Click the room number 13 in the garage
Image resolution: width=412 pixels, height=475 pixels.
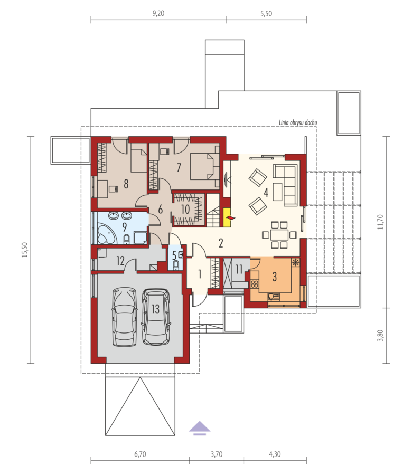tap(155, 309)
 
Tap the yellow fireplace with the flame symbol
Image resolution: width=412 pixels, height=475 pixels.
tap(227, 217)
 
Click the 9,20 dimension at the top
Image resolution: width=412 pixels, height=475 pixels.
tap(158, 13)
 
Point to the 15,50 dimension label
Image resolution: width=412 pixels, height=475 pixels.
tap(25, 250)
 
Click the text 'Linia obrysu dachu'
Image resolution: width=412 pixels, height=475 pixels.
tap(298, 122)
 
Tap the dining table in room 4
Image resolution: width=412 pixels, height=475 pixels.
tap(279, 234)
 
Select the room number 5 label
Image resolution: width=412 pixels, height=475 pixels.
tap(174, 255)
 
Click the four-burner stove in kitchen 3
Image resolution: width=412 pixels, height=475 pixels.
tap(255, 284)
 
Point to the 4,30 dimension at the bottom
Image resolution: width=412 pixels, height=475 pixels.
tap(275, 454)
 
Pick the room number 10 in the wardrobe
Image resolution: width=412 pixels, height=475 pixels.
tap(185, 209)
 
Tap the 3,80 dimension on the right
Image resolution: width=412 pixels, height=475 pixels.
tap(380, 335)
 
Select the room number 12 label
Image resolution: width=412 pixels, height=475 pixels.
tap(120, 260)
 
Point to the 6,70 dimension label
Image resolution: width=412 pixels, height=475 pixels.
tap(140, 454)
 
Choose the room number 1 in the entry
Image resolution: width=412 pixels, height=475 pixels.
tap(200, 274)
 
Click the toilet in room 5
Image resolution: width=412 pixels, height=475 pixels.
tap(175, 265)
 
